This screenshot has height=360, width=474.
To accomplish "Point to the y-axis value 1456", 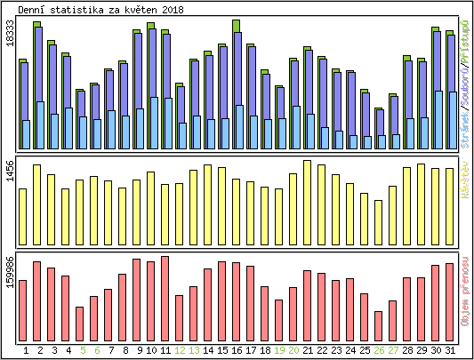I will click(x=10, y=172).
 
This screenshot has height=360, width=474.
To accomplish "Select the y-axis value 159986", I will click(x=10, y=272).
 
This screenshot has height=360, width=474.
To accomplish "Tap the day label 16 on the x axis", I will click(x=237, y=351).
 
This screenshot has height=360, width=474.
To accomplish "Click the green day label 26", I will click(x=379, y=351).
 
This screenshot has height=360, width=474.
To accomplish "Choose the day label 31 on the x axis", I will click(x=450, y=351).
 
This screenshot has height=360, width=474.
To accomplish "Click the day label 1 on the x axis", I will click(x=23, y=351).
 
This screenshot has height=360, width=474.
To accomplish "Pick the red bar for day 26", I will click(x=379, y=327).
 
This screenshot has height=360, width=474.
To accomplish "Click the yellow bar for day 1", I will click(x=23, y=204).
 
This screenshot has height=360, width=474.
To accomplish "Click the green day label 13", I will click(x=194, y=351).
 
